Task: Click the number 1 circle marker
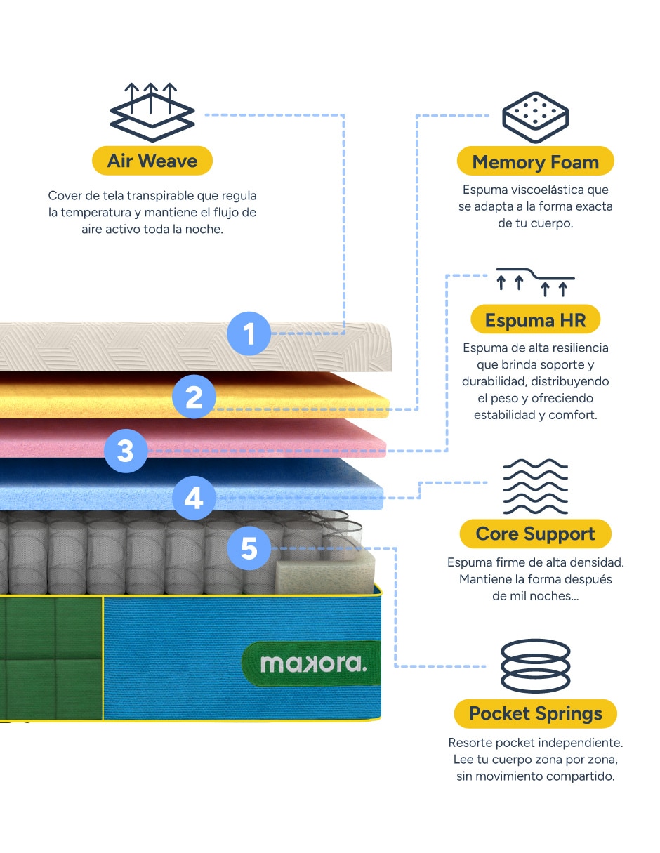pos(249,333)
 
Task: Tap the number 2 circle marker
pos(194,397)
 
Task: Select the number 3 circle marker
pos(126,451)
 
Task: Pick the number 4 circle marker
pos(194,498)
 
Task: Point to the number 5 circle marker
pos(249,548)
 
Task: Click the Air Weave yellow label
pos(152,161)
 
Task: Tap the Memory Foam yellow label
pos(535,161)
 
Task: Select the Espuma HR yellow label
pos(535,319)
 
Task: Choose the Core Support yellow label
pos(535,534)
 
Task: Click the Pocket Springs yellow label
pos(535,713)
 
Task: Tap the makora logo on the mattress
pos(312,663)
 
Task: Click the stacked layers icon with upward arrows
pos(152,112)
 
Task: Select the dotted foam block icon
pos(535,117)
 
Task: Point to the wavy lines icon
pos(535,487)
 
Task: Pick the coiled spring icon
pos(535,666)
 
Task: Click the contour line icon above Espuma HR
pos(535,282)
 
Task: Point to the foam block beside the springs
pos(324,576)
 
